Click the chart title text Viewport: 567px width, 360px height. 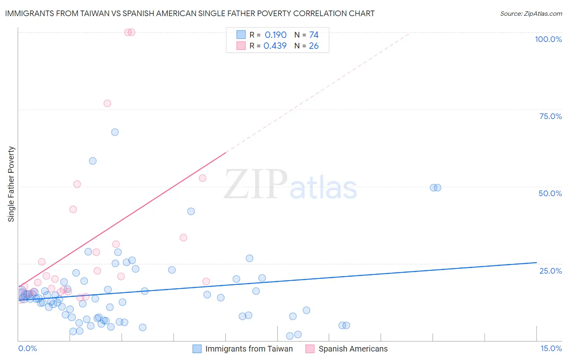(190, 14)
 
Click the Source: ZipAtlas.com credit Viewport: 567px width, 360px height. (531, 14)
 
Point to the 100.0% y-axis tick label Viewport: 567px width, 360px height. (548, 39)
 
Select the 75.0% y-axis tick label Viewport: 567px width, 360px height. (550, 116)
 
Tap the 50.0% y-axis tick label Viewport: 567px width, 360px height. (550, 193)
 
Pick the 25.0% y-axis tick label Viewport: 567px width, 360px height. (550, 271)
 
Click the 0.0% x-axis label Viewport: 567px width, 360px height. (27, 348)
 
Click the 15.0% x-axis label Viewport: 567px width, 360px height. (551, 348)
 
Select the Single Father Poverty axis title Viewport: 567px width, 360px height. (11, 184)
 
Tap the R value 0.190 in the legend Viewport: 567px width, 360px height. (275, 35)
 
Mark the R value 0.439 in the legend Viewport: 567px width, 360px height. (275, 46)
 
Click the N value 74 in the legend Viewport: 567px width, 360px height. (314, 35)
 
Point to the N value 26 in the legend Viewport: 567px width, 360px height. (314, 46)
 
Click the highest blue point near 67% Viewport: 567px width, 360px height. (115, 132)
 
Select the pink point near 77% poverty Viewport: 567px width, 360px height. (107, 103)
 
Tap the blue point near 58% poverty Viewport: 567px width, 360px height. (93, 161)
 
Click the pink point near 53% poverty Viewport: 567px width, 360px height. (203, 178)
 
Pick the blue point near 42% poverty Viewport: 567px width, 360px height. (191, 211)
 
